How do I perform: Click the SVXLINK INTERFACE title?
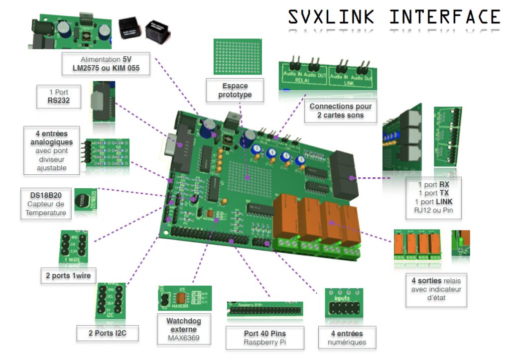pos(394,17)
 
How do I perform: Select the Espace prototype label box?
pos(235,90)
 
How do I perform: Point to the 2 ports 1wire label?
pos(69,275)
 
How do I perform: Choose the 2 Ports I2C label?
pos(107,333)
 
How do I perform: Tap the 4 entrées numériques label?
pos(347,338)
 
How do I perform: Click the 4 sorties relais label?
pos(436,289)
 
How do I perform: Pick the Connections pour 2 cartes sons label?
pos(340,111)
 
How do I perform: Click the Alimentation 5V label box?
pos(106,63)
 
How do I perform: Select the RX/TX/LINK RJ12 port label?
pos(433,199)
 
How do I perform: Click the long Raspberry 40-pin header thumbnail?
pos(265,309)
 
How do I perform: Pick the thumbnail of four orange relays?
pos(417,244)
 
